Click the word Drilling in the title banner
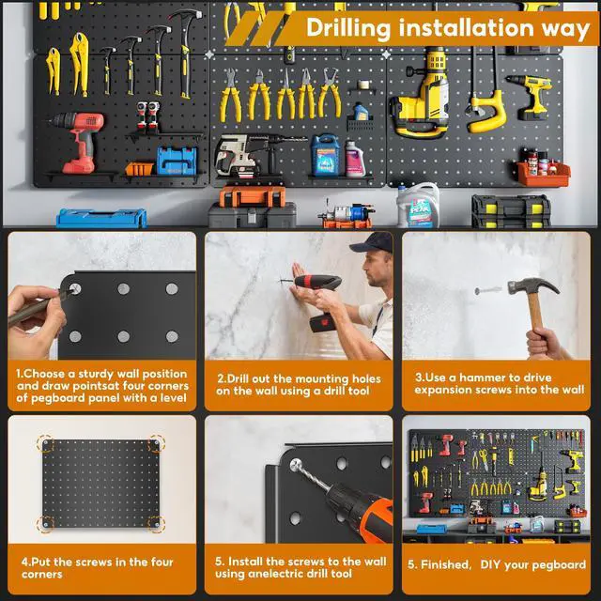[x=348, y=27]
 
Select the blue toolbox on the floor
[x=101, y=218]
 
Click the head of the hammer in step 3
[x=532, y=286]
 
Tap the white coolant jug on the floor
[x=418, y=205]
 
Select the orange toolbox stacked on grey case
[x=253, y=196]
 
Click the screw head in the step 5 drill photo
[x=296, y=465]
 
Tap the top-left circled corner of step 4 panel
[x=46, y=444]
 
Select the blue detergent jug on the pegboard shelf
[x=325, y=155]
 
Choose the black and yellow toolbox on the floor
[x=511, y=211]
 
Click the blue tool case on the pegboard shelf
[x=177, y=161]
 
